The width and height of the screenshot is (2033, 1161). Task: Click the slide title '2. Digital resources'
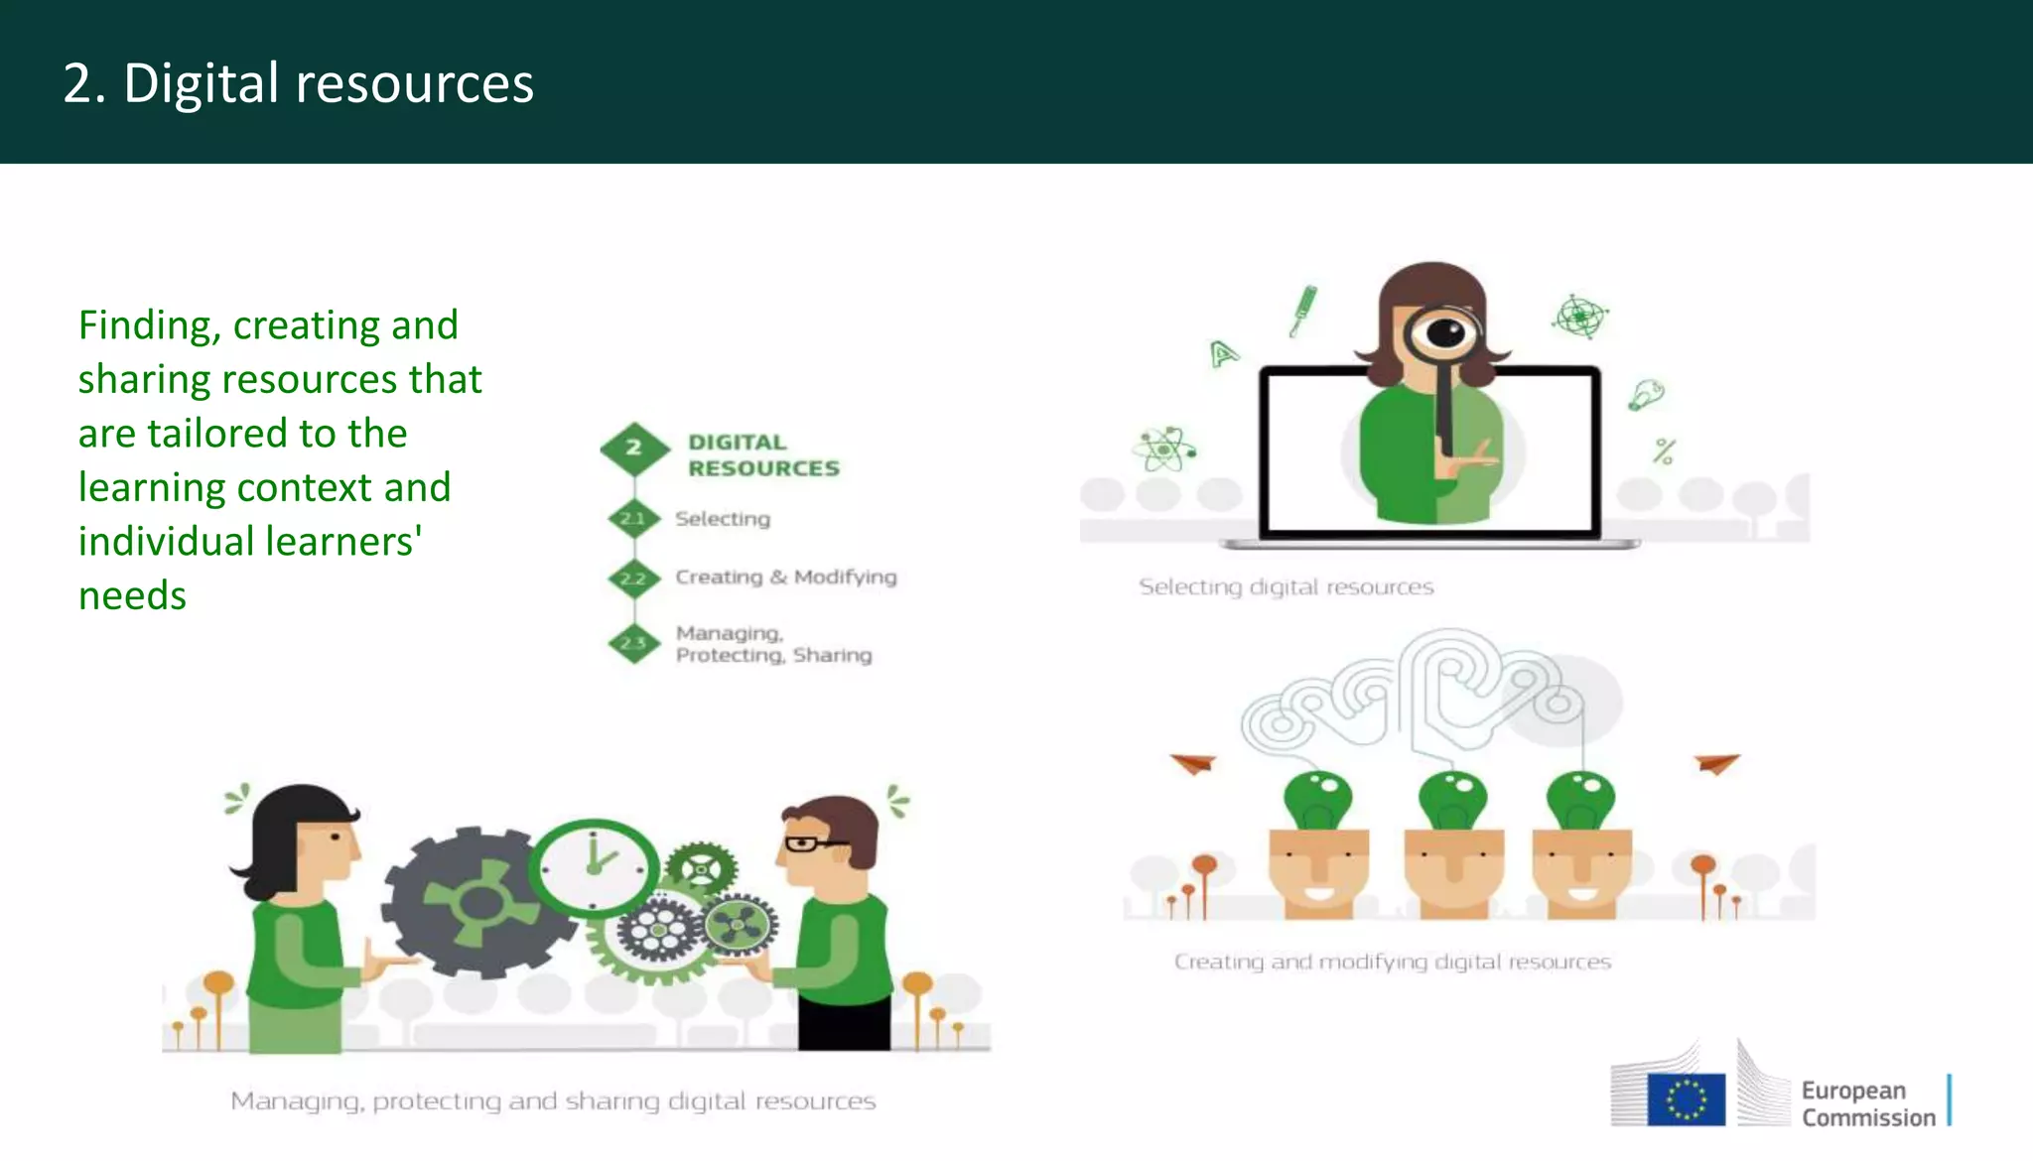298,83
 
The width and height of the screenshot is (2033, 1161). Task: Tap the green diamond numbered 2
634,449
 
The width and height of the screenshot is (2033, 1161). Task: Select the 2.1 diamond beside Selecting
633,518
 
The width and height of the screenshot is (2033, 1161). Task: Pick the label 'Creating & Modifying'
785,578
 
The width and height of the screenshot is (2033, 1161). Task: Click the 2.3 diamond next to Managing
633,643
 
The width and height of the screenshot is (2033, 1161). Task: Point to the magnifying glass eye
1444,332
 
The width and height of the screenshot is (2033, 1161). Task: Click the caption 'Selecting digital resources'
1286,587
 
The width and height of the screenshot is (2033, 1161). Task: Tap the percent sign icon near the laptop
1664,451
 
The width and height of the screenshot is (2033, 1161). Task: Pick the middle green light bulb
1452,799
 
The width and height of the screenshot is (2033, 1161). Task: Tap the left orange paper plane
1193,763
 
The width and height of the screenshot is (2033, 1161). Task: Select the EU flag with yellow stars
1686,1099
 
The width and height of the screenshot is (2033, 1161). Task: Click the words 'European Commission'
1867,1103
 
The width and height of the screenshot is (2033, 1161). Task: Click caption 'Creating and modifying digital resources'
1392,962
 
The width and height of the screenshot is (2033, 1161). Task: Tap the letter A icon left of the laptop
1223,352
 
